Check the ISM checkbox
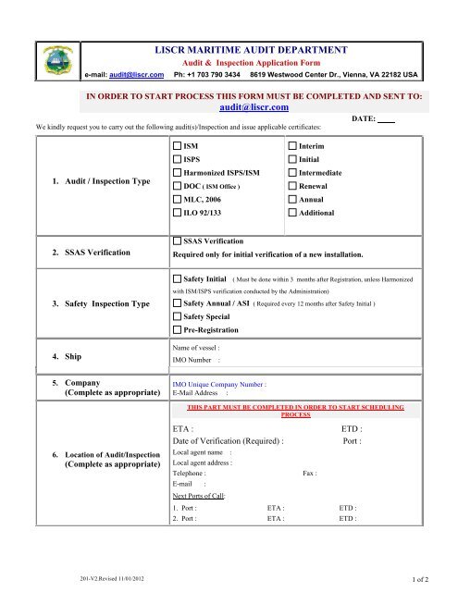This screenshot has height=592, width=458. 178,147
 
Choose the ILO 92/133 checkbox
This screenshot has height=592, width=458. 178,214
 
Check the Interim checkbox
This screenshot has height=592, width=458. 293,147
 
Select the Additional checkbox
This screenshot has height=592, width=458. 293,214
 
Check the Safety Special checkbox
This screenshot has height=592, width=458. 178,316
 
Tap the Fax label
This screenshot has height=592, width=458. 310,473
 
